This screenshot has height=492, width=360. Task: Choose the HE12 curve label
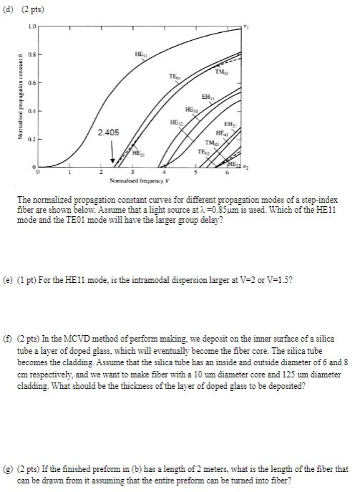(175, 122)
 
